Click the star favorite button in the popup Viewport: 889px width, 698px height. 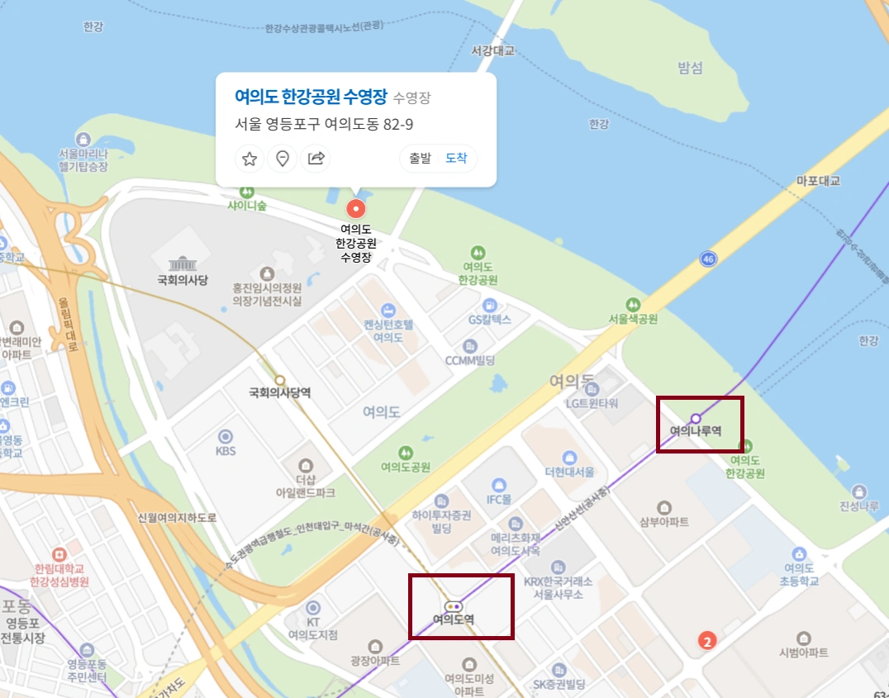(x=250, y=159)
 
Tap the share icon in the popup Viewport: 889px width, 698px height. (x=316, y=159)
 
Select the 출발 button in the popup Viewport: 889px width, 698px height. (x=420, y=159)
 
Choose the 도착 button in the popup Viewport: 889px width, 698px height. (x=456, y=159)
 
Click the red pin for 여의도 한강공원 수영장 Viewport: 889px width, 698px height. (x=356, y=209)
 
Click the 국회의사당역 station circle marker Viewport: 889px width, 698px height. (x=280, y=380)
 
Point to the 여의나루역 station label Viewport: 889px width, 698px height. (x=696, y=431)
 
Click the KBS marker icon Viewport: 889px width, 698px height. (x=225, y=436)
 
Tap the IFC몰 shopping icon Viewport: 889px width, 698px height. (x=499, y=485)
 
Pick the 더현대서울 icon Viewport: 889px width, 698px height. (x=569, y=458)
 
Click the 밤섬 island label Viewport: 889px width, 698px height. (x=690, y=68)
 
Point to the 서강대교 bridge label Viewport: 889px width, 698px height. (x=492, y=51)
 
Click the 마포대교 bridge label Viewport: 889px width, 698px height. (x=818, y=180)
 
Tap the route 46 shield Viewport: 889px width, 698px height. (x=707, y=259)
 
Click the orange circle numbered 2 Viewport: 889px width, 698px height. (x=706, y=640)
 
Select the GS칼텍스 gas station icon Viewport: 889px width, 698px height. (x=490, y=305)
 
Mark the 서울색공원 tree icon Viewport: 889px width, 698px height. (x=633, y=304)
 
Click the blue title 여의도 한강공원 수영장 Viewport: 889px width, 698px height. (x=311, y=96)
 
